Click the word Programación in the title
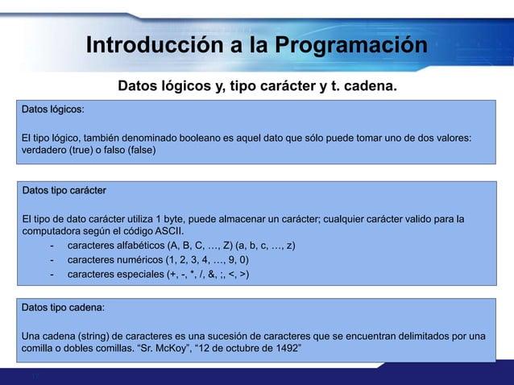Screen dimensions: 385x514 [x=351, y=45]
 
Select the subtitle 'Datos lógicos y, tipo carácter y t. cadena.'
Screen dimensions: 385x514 [x=257, y=85]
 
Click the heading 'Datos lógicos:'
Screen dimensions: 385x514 [x=53, y=109]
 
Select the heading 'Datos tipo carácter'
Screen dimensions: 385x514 [x=64, y=191]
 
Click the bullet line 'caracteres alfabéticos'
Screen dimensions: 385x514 [x=118, y=246]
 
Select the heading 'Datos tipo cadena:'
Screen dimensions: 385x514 [x=63, y=308]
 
